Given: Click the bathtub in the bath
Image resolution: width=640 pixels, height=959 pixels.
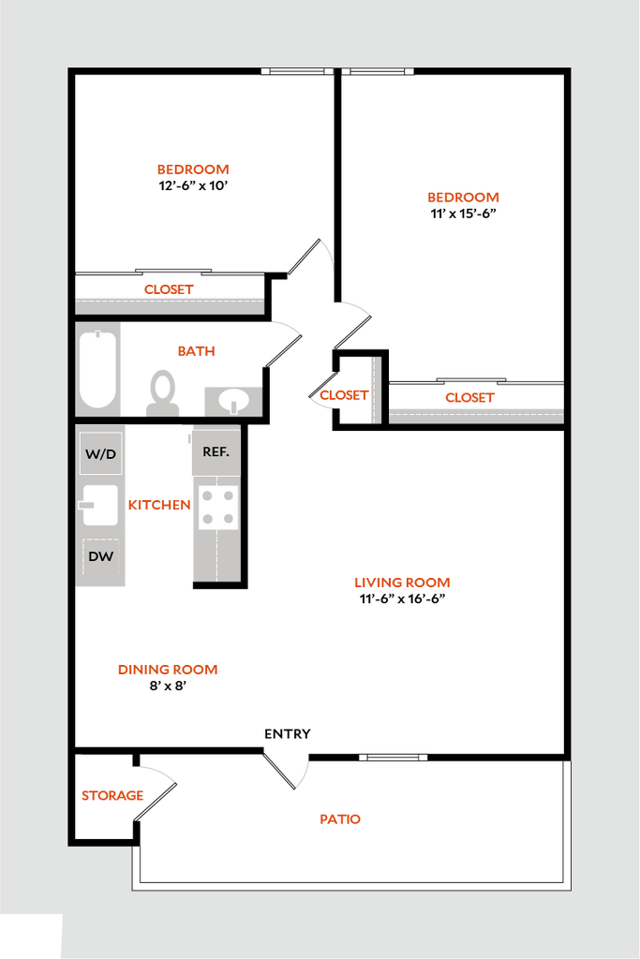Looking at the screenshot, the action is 97,369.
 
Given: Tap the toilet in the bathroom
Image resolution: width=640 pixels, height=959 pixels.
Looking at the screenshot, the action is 163,393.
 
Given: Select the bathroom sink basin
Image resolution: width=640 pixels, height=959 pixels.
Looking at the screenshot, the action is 232,401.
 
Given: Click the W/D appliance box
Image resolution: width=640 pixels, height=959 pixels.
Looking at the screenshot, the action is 101,453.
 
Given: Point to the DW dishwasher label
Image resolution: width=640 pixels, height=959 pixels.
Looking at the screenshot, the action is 101,556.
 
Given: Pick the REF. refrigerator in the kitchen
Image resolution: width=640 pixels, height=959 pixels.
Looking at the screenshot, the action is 216,451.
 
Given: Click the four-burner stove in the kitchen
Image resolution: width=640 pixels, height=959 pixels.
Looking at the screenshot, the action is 217,509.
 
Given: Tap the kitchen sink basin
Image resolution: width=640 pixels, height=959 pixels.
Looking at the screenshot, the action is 99,505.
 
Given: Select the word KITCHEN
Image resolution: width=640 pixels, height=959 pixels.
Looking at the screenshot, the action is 159,505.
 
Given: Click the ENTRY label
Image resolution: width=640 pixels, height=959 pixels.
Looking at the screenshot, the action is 288,733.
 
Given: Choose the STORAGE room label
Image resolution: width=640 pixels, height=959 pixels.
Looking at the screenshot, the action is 112,795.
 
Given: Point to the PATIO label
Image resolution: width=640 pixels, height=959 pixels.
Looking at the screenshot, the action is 340,819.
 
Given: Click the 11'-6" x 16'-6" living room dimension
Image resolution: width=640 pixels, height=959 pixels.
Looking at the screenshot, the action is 402,598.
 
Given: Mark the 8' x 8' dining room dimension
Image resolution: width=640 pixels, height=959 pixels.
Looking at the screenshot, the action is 168,686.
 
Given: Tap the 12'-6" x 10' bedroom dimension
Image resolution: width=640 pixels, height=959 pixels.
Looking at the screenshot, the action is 193,185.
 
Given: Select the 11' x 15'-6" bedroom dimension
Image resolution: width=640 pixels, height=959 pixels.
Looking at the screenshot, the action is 463,214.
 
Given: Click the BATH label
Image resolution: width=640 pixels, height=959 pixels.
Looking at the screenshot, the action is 197,351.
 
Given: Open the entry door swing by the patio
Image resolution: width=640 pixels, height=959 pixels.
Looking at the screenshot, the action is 287,771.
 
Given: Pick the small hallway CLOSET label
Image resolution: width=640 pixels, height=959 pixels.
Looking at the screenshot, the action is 344,395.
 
